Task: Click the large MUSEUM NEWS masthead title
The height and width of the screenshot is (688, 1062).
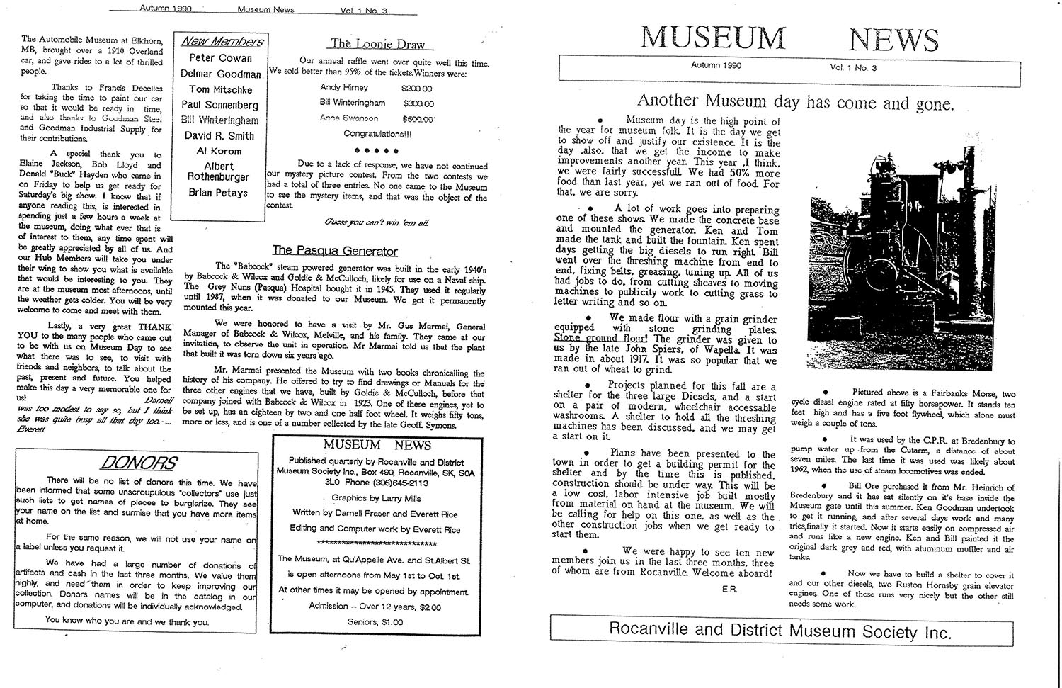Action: (x=789, y=38)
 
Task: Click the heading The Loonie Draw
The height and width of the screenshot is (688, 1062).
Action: (x=377, y=44)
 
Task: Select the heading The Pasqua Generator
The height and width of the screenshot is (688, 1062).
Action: (x=335, y=251)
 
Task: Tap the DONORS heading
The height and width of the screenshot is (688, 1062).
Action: (x=138, y=463)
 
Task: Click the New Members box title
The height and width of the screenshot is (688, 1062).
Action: (x=222, y=42)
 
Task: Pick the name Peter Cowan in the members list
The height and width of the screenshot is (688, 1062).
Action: (x=221, y=58)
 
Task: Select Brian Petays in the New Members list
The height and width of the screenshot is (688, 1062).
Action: (x=218, y=193)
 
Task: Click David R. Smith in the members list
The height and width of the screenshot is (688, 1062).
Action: (x=219, y=135)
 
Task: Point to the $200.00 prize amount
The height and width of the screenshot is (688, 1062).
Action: (x=416, y=89)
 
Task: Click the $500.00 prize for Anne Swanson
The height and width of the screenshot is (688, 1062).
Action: (x=418, y=119)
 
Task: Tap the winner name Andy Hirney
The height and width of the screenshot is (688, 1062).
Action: (x=344, y=88)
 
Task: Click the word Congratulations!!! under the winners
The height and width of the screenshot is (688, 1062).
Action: (x=377, y=134)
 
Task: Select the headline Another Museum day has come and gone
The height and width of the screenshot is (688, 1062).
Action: (x=795, y=103)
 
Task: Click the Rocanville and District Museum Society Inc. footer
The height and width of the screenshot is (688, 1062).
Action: (x=780, y=630)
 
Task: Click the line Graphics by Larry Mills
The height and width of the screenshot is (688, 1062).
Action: (x=376, y=498)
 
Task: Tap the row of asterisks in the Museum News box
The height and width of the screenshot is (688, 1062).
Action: (x=377, y=543)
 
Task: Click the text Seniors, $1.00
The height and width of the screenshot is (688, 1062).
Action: (x=375, y=621)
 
